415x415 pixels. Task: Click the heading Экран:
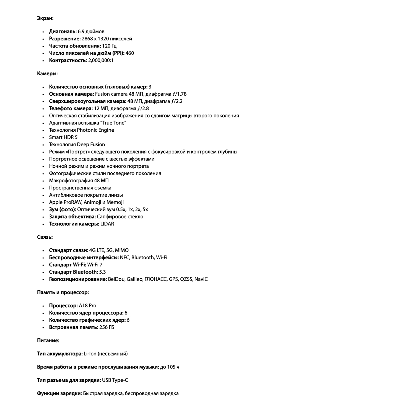[45, 18]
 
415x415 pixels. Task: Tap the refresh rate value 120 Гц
[109, 46]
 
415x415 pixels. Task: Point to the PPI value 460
[130, 53]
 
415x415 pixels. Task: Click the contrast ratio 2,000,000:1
[101, 60]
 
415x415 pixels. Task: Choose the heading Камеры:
[47, 74]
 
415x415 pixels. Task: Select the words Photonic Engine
[95, 130]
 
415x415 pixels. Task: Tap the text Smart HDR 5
[63, 137]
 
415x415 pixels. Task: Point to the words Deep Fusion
[91, 144]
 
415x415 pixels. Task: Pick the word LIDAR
[107, 224]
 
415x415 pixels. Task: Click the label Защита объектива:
[72, 217]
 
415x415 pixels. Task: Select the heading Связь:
[45, 237]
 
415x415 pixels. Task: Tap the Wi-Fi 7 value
[95, 265]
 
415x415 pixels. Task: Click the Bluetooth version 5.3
[102, 272]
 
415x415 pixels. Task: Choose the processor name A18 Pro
[88, 306]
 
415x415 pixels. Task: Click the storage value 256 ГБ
[107, 327]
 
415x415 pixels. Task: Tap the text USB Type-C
[115, 380]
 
